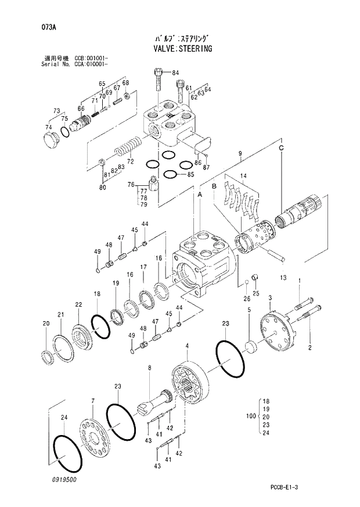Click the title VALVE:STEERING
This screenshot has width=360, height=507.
click(x=179, y=49)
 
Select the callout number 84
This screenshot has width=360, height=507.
click(x=175, y=73)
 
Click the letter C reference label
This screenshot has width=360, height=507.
click(x=281, y=149)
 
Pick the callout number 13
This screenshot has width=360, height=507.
click(x=283, y=278)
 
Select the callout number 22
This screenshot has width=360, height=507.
click(x=78, y=305)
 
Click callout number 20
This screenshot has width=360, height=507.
click(x=46, y=323)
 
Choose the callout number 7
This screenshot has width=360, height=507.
click(x=92, y=400)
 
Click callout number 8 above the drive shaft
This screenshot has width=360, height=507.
click(x=149, y=368)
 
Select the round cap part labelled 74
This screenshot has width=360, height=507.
click(x=52, y=139)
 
